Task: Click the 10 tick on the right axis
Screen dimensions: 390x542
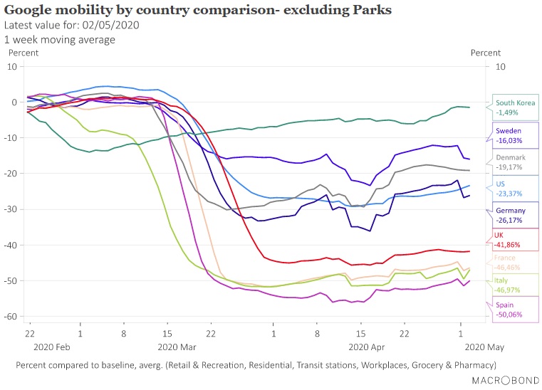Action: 499,66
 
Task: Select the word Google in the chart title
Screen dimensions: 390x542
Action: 27,10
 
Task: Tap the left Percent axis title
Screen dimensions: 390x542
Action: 23,52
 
